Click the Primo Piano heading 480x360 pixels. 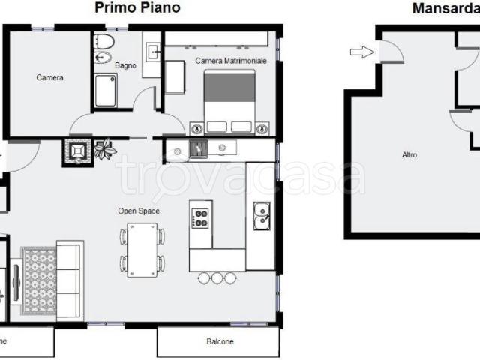[137, 7]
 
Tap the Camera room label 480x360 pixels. [50, 77]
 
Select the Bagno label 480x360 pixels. [125, 65]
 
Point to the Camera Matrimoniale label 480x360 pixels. [231, 61]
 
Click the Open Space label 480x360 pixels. [139, 211]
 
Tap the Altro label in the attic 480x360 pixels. [409, 155]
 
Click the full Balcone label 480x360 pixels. [220, 341]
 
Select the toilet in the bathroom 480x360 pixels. [103, 42]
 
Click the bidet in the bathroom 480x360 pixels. [103, 58]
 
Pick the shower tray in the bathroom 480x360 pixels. [105, 91]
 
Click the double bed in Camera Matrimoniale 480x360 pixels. [229, 102]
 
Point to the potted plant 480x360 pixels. [105, 149]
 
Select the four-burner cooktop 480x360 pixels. [200, 218]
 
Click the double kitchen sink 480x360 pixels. [262, 216]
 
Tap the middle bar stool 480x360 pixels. [217, 277]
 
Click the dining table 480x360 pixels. [142, 250]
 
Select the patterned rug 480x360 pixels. [39, 281]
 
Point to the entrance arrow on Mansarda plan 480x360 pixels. [362, 52]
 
